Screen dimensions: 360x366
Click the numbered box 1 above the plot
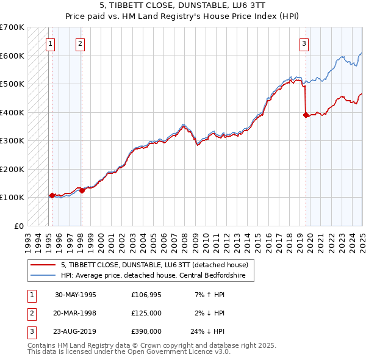pos(49,43)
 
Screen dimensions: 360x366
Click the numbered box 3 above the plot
pos(304,43)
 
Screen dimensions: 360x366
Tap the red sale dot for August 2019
pos(306,115)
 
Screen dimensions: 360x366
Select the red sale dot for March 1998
pos(82,190)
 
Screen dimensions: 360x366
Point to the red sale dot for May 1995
pos(52,195)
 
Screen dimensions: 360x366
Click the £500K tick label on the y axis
pos(12,84)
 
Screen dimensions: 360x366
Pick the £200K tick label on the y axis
pos(12,169)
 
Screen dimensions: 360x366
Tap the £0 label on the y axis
pos(19,226)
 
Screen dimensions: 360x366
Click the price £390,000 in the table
pos(146,331)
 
